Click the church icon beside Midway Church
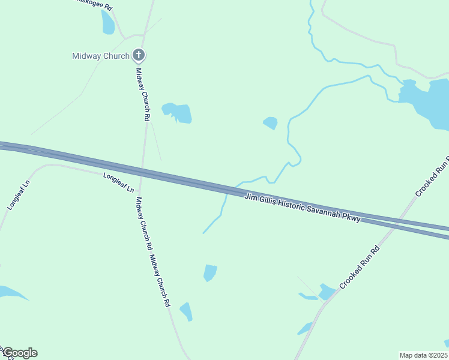pos(139,56)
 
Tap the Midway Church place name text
pos(101,56)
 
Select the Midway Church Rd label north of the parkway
pos(142,94)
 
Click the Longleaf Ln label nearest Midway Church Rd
pos(118,182)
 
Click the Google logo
pos(19,353)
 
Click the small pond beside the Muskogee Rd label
pos(108,22)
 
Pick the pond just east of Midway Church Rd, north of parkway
pos(178,112)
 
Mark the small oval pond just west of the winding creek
pos(270,123)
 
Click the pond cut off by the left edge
pos(11,293)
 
